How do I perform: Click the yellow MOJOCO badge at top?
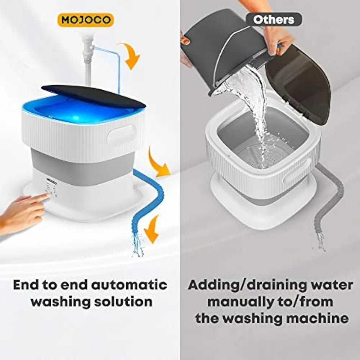coord(85,20)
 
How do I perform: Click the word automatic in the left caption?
coord(129,285)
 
